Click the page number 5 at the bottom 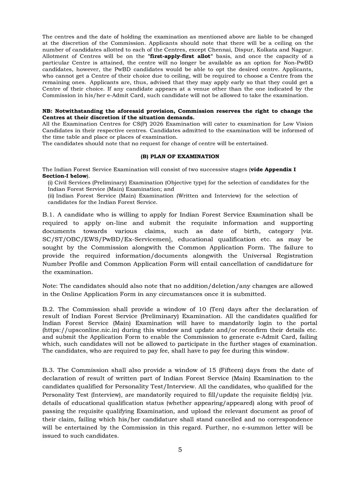click(x=180, y=450)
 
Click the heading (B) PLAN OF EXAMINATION click(x=180, y=156)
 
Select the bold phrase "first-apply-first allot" click(x=180, y=56)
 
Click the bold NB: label click(x=48, y=111)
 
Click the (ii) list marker click(x=51, y=196)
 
